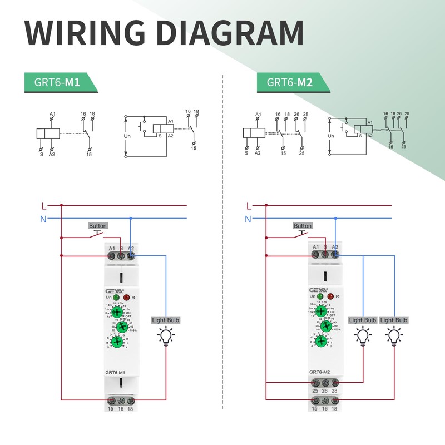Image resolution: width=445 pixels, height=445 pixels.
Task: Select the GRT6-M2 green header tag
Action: [289, 82]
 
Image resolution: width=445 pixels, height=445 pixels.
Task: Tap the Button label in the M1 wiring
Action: [97, 226]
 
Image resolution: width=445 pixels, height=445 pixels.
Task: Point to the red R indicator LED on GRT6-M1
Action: [127, 298]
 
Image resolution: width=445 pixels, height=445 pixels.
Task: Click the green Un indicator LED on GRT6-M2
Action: [321, 298]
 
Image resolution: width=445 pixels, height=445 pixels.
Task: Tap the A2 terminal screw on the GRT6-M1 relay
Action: [131, 255]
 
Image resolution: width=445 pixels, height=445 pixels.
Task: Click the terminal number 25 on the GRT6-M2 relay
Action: [315, 392]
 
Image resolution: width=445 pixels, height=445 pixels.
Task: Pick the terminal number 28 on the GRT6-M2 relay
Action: [335, 392]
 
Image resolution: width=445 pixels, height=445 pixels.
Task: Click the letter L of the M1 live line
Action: [44, 205]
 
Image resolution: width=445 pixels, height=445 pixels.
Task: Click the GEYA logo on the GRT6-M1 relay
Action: [113, 290]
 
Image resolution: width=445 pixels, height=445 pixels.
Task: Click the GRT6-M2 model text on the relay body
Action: [320, 372]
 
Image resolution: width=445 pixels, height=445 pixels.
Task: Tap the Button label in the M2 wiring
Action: [302, 226]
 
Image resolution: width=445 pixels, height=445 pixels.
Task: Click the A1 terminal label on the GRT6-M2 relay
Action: [316, 247]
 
